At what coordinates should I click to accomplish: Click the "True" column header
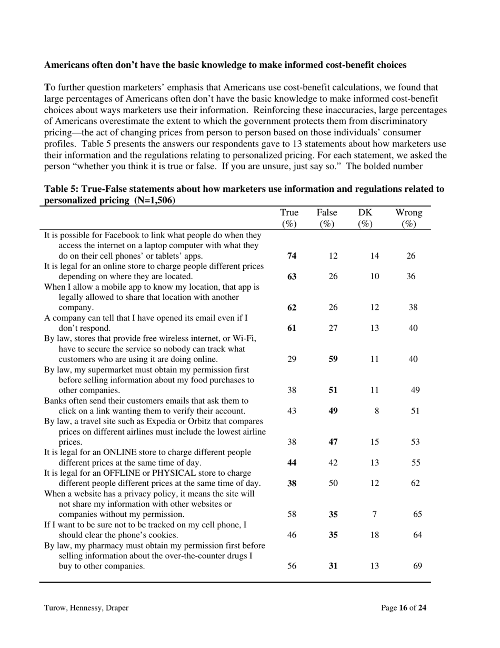tap(289, 213)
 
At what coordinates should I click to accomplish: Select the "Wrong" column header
tap(409, 213)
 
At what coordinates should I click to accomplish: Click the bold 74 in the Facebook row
tap(292, 256)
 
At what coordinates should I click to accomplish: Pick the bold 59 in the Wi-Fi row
tap(333, 359)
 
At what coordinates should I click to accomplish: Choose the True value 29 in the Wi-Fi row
tap(292, 359)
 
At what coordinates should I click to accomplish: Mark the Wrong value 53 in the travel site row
tap(415, 442)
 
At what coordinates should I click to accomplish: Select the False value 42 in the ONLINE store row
tap(333, 463)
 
